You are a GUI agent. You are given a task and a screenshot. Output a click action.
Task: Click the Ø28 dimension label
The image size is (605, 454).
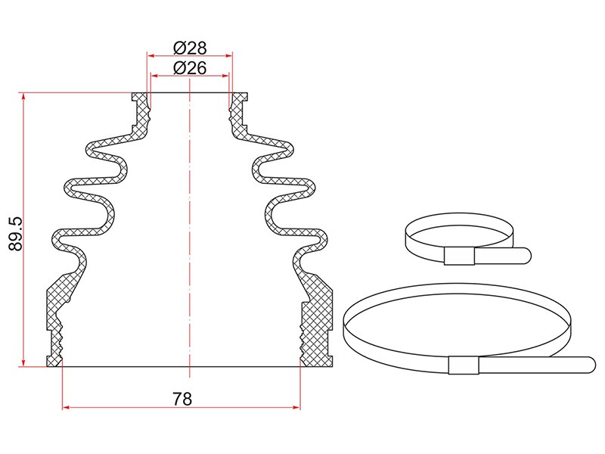point(190,48)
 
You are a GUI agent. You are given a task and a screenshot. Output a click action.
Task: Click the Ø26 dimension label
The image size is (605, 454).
point(190,68)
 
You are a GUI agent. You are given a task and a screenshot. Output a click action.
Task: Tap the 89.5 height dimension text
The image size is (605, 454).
point(16,234)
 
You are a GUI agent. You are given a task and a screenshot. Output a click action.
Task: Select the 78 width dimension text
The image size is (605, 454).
point(182,400)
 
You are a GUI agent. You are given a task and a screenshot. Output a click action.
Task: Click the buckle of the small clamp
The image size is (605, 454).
point(459,257)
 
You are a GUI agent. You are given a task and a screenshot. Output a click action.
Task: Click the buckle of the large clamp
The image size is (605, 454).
point(464,365)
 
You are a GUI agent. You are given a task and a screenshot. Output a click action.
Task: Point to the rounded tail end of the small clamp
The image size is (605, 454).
point(526,256)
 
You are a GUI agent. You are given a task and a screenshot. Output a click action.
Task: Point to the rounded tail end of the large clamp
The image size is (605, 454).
point(591,365)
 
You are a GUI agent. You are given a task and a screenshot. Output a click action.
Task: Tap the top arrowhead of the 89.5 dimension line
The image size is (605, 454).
point(23,96)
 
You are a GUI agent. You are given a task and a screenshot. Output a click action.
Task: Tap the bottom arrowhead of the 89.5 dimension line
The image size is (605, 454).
point(23,363)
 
